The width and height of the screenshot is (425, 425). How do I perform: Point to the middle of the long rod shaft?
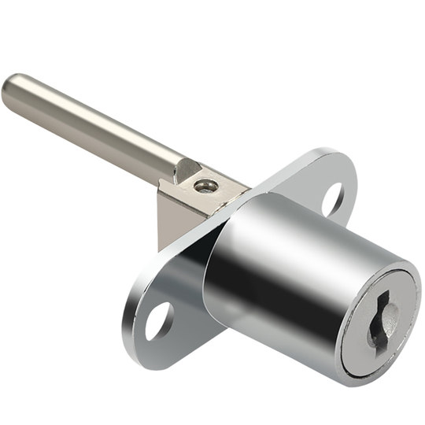pos(94,127)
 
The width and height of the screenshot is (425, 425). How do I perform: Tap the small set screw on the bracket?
pos(206,186)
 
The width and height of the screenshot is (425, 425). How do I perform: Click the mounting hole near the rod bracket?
pos(332,198)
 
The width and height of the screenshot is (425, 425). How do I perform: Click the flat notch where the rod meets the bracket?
pos(187,168)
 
